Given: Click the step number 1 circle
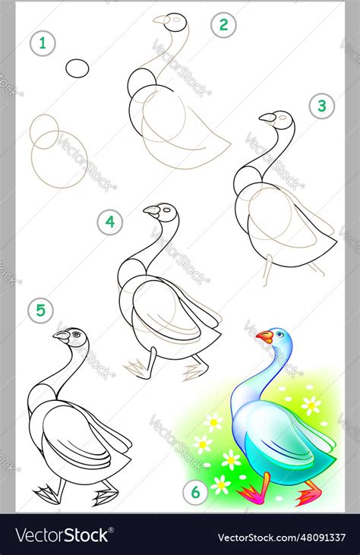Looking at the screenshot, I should coord(43,43).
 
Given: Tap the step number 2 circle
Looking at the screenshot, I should coord(223,25).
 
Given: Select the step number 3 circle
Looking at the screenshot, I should coord(321,106).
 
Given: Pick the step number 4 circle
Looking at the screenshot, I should coord(110,222).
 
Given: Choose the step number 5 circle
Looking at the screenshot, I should coord(40,310).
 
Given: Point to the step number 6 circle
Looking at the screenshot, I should coord(195,493).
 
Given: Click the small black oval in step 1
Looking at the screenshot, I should coord(77,68).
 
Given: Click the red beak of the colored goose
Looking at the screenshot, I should coord(264,336).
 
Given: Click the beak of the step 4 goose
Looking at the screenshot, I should coord(152,210).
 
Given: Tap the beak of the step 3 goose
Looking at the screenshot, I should coord(267,118).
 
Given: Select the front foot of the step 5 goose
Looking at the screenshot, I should coord(47,494).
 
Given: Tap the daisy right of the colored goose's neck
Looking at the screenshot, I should coord(311,405).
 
